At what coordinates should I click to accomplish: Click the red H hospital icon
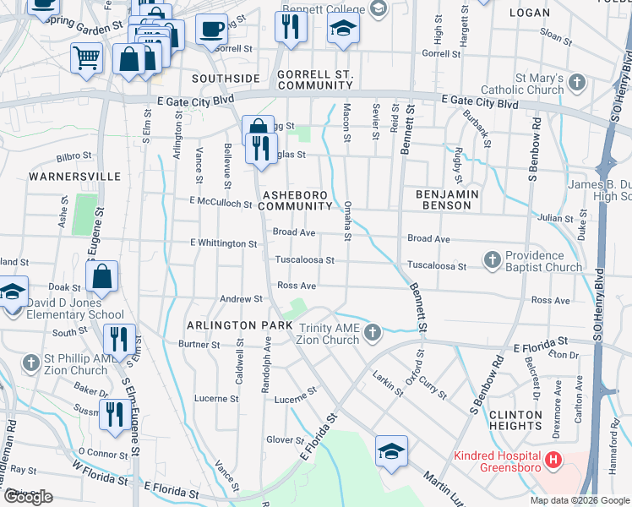553,461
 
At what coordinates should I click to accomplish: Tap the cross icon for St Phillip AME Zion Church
30,363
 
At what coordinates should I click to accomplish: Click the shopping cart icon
86,58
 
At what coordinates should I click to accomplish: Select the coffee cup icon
210,29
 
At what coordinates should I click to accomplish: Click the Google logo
28,497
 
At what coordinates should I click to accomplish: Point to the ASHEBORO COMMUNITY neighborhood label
296,200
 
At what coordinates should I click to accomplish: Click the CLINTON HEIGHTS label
515,420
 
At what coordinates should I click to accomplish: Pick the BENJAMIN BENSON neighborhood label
448,200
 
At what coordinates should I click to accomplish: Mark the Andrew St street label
242,299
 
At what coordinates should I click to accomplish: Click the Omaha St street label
347,220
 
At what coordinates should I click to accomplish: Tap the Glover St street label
286,440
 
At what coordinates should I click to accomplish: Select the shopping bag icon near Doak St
101,276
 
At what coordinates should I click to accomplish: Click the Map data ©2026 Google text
579,500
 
